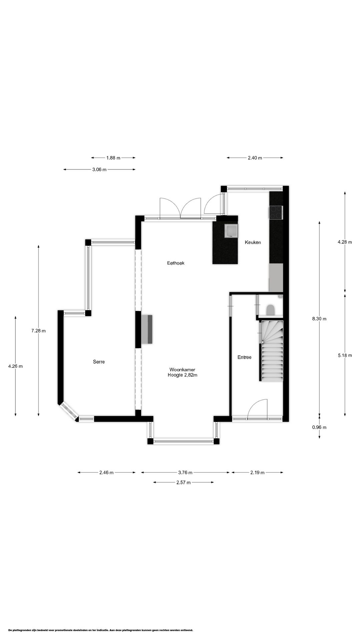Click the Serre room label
coord(99,362)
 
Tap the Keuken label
coord(253,242)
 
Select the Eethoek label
coord(176,263)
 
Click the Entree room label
coord(244,357)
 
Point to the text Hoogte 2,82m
coord(182,375)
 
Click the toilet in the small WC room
coord(270,310)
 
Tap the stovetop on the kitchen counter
coord(276,213)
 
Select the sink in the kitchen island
coord(231,231)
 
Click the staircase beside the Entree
coord(272,352)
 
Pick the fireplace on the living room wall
coord(147,329)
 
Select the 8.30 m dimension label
coord(319,319)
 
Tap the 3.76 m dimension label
coord(185,472)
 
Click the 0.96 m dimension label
coord(319,427)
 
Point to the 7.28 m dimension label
coord(38,331)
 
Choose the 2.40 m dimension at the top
coord(255,158)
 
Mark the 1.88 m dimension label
coord(113,158)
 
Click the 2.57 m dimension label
coord(183,482)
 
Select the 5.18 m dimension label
coord(345,355)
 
